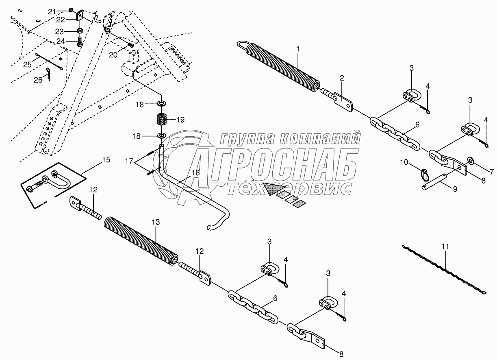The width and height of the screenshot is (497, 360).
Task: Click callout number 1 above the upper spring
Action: tap(298, 49)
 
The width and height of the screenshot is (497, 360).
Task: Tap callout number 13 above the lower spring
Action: tap(156, 222)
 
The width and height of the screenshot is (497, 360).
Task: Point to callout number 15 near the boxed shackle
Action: tap(105, 160)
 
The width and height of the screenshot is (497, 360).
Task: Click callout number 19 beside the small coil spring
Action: tap(180, 120)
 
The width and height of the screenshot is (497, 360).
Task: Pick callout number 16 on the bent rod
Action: tap(195, 173)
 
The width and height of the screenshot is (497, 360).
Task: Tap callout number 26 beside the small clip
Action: tap(38, 80)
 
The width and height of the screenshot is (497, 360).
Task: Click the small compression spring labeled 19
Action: tap(162, 119)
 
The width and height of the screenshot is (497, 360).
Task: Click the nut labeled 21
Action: tap(71, 11)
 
